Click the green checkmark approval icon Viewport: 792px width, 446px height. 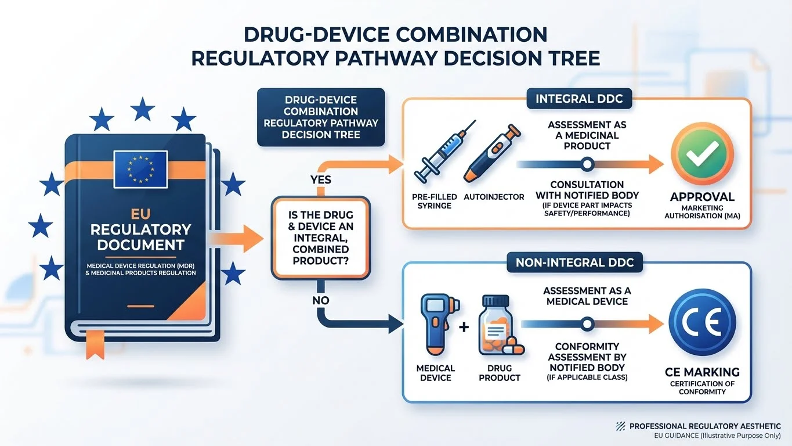tap(702, 157)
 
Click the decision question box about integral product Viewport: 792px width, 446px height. tap(320, 237)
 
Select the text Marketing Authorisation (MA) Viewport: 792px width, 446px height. tap(702, 213)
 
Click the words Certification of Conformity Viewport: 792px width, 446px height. tap(702, 387)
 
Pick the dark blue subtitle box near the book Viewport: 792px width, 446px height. tap(320, 117)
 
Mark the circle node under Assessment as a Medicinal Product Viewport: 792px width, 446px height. tap(587, 165)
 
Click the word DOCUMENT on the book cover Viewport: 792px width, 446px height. tap(140, 244)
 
